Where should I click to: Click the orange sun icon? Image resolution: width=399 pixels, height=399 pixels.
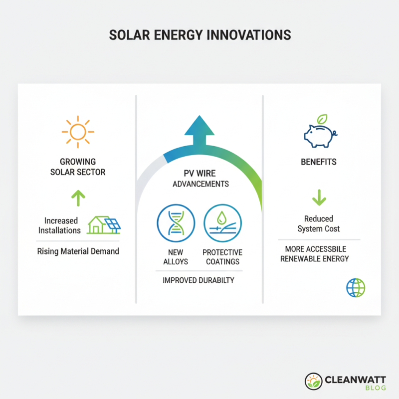78,132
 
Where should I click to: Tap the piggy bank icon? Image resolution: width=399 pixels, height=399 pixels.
319,135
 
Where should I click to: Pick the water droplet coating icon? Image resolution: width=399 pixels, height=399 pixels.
222,223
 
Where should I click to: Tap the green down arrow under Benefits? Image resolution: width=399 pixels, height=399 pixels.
319,199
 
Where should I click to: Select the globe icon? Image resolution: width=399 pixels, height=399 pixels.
356,288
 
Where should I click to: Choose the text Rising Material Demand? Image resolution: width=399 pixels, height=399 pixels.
78,251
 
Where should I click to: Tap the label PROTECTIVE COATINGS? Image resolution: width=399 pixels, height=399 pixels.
222,257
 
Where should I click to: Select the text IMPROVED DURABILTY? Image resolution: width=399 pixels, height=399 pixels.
199,280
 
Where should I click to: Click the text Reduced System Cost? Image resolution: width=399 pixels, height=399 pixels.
319,223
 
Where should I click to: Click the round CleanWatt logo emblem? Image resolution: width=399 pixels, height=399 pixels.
313,382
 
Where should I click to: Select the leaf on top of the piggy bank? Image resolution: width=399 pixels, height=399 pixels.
323,119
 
